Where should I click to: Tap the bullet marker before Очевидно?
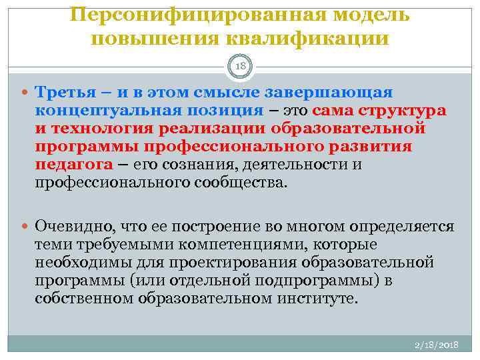point(25,227)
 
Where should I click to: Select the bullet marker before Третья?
point(25,92)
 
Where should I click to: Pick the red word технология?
point(106,128)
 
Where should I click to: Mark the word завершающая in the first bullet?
point(332,91)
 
